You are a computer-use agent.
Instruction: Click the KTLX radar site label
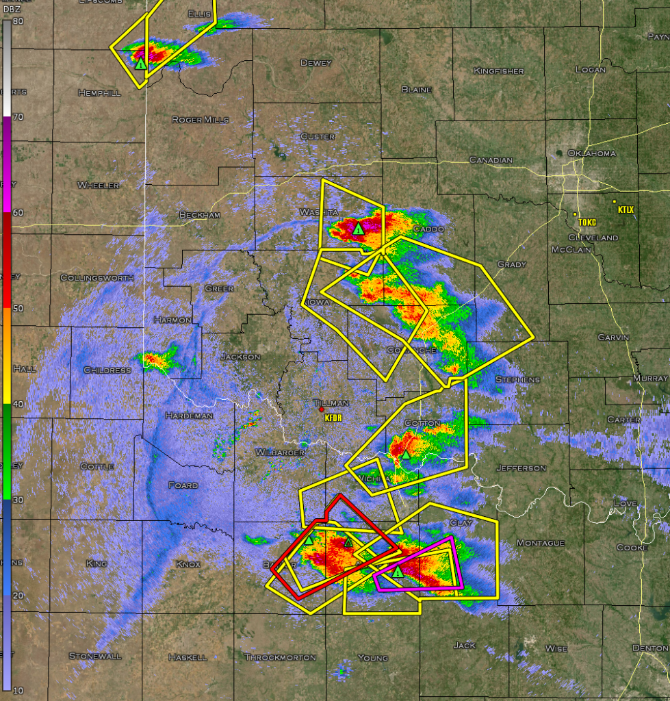tap(626, 209)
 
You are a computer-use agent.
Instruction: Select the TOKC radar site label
tap(587, 222)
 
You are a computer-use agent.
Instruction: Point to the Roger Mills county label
tap(200, 120)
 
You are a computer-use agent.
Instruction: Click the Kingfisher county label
tap(499, 71)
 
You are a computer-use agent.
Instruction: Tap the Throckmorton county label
tap(281, 657)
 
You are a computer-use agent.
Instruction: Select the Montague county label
tap(541, 543)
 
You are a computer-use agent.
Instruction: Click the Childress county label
tap(107, 370)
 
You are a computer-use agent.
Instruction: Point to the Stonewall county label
tap(94, 656)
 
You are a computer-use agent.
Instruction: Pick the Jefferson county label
tap(521, 468)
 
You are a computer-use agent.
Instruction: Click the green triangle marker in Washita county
tap(358, 229)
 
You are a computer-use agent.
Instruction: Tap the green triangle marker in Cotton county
tap(405, 454)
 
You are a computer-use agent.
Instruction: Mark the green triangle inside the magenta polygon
tap(398, 571)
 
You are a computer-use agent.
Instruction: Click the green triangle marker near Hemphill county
tap(140, 64)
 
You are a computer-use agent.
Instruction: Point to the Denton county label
tap(650, 648)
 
